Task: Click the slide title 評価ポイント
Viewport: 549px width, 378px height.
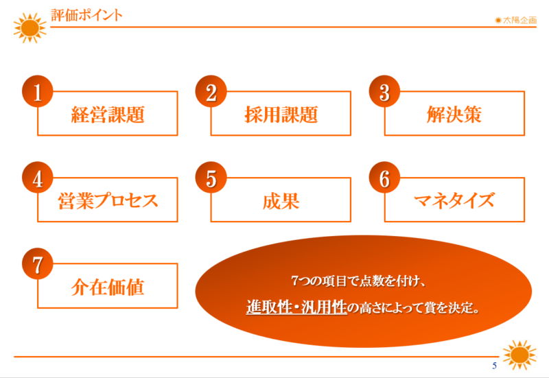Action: tap(86, 15)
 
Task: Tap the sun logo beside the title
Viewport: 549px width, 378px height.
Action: tap(30, 28)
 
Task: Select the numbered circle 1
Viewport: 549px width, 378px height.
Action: tap(38, 91)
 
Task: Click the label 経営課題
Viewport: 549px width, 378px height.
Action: tap(108, 115)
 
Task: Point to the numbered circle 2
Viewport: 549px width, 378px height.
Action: tap(211, 91)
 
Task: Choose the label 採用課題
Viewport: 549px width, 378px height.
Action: tap(281, 115)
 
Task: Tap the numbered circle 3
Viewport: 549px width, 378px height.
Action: tap(384, 91)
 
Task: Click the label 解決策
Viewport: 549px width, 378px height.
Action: tap(454, 115)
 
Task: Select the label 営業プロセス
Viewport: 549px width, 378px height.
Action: tap(108, 201)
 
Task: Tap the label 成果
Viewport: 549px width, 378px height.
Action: tap(281, 201)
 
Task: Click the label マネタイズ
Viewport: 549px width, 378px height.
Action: tap(454, 200)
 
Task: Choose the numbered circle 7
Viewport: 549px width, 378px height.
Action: tap(38, 263)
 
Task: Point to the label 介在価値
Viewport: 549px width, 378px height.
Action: tap(108, 287)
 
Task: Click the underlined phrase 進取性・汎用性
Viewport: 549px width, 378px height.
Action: tap(296, 307)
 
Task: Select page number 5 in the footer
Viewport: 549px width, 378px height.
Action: tap(494, 366)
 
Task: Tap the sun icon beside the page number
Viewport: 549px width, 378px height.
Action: tap(519, 355)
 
